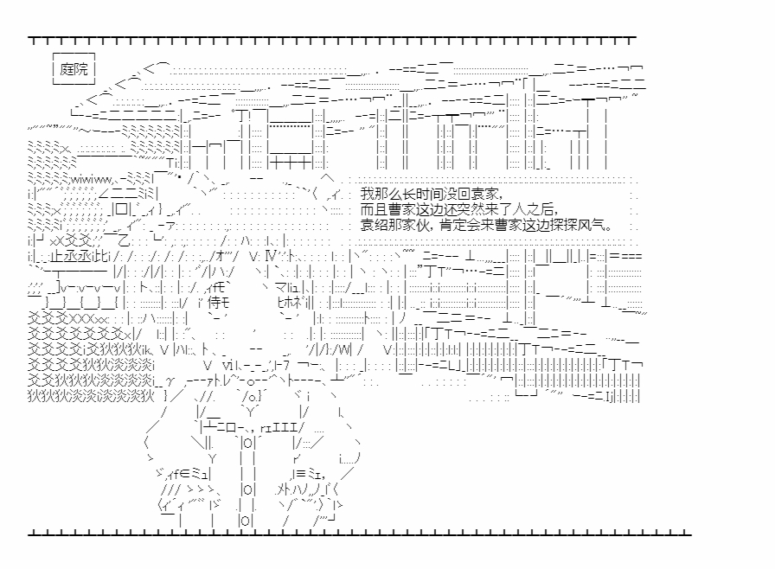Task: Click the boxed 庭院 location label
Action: [x=74, y=68]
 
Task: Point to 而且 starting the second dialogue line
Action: [x=375, y=209]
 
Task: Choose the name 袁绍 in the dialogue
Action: [x=375, y=225]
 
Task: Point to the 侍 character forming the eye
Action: [x=215, y=302]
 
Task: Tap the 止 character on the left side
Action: [x=56, y=257]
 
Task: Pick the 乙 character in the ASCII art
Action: [x=123, y=240]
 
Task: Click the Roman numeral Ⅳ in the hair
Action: [x=271, y=256]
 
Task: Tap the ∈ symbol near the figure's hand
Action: [x=185, y=475]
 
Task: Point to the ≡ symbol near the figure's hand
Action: [x=300, y=475]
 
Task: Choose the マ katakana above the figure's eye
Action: [x=280, y=287]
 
